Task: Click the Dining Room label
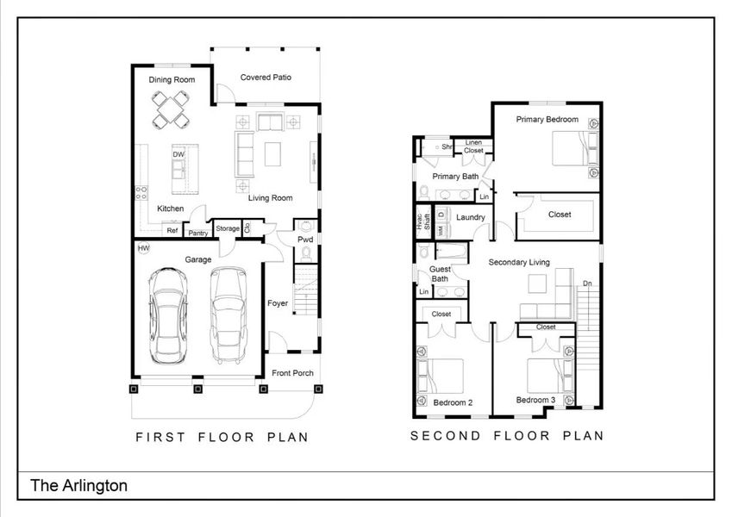tap(172, 80)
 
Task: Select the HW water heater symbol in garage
tap(143, 249)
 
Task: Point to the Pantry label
tap(198, 233)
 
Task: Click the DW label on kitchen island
tap(178, 155)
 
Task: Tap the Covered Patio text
tap(266, 78)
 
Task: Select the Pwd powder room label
tap(305, 239)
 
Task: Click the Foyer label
tap(278, 303)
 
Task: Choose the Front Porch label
tap(292, 373)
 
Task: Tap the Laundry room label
tap(471, 217)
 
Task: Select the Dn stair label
tap(587, 283)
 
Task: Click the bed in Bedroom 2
tap(441, 377)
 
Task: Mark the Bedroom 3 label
tap(535, 400)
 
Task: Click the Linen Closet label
tap(473, 146)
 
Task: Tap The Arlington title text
tap(79, 486)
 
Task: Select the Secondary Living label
tap(519, 262)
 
